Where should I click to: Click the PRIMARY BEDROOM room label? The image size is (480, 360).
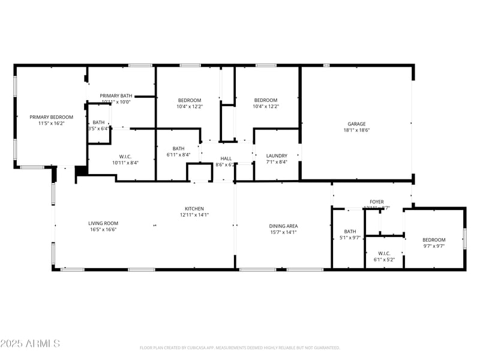[x=52, y=117]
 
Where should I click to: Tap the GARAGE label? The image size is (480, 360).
[x=356, y=124]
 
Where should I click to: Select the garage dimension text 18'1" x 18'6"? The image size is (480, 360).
[x=356, y=130]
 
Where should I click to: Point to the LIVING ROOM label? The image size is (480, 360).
[x=103, y=223]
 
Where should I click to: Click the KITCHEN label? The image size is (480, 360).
[x=194, y=208]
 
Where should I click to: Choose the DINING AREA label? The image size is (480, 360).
[x=284, y=226]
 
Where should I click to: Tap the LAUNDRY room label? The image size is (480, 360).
[x=277, y=155]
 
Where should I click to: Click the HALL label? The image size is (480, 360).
[x=226, y=158]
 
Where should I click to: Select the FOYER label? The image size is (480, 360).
[x=376, y=202]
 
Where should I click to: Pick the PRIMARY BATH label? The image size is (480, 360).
[x=116, y=96]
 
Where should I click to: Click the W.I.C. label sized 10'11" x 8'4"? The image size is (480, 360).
[x=125, y=156]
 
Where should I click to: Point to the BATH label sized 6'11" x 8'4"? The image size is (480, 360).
[x=178, y=149]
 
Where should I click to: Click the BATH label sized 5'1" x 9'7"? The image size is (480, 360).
[x=350, y=232]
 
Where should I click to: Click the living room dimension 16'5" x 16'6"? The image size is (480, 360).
[x=103, y=230]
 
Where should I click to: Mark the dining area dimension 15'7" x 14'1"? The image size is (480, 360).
[x=284, y=233]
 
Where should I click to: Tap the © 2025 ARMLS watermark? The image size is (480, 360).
[x=30, y=344]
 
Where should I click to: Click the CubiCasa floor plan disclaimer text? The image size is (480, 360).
[x=240, y=347]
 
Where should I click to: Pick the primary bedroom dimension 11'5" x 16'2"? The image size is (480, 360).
[x=52, y=124]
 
